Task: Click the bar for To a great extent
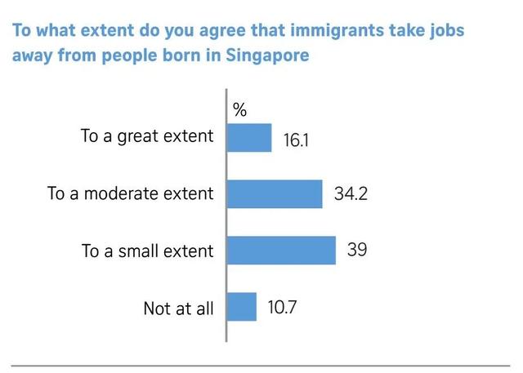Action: pyautogui.click(x=248, y=137)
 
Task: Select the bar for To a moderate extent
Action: pyautogui.click(x=274, y=194)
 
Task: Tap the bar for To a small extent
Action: pyautogui.click(x=280, y=251)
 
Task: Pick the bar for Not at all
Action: pyautogui.click(x=241, y=307)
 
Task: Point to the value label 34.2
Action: pyautogui.click(x=351, y=194)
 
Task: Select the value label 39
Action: pyautogui.click(x=356, y=250)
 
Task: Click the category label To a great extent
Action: pyautogui.click(x=146, y=136)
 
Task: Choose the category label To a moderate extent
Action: pyautogui.click(x=131, y=194)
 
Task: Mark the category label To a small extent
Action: pyautogui.click(x=147, y=251)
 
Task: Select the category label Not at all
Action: pyautogui.click(x=178, y=309)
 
